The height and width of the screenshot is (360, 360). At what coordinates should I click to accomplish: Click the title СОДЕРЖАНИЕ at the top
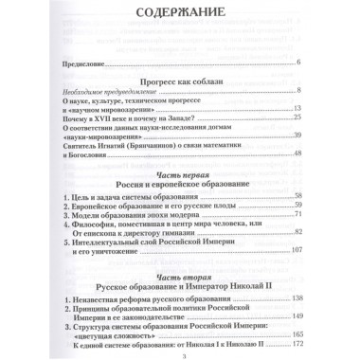click(179, 16)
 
